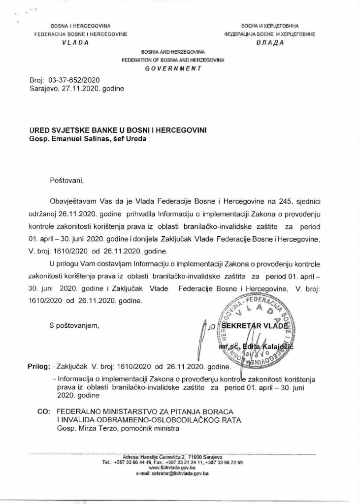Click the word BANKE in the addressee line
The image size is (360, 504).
click(104, 129)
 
